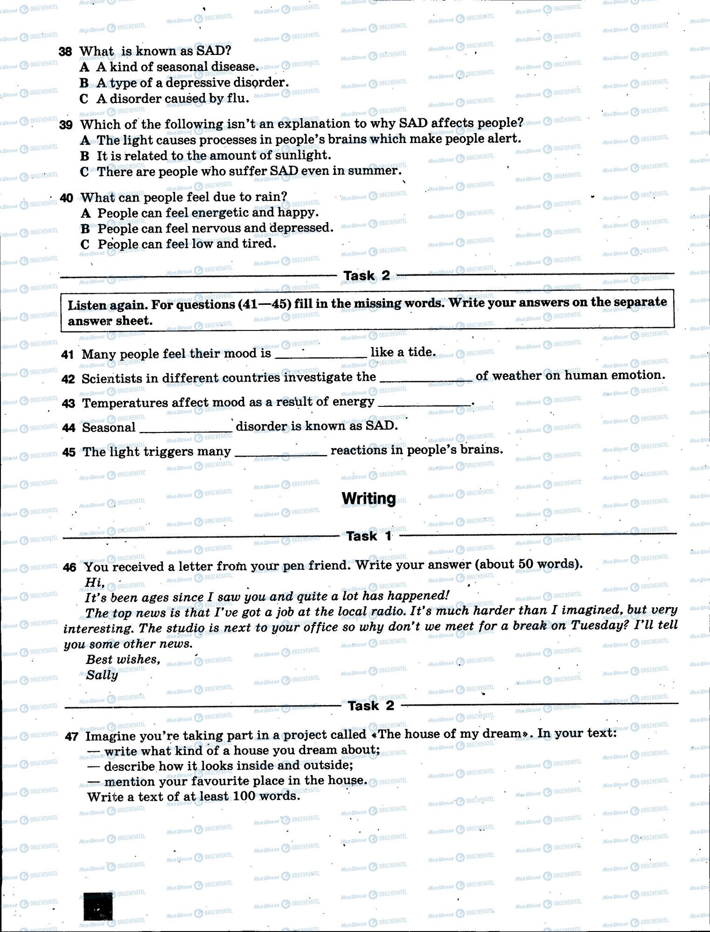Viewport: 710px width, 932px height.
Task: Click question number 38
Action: (x=65, y=52)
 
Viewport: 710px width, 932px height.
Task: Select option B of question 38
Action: (x=84, y=83)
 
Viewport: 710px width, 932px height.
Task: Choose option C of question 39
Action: (x=84, y=171)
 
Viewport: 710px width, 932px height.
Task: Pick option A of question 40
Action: (x=85, y=213)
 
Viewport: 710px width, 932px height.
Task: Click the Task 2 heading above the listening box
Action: (x=367, y=275)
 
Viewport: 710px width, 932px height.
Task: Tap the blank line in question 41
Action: (x=321, y=355)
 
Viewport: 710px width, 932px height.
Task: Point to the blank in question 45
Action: (x=281, y=453)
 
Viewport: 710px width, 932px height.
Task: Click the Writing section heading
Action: (x=369, y=498)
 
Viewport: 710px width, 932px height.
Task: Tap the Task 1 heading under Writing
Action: (x=369, y=536)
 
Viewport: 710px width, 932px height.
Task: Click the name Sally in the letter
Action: (x=102, y=675)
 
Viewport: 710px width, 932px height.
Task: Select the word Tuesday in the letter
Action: (x=594, y=625)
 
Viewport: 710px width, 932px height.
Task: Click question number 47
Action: (x=71, y=737)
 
